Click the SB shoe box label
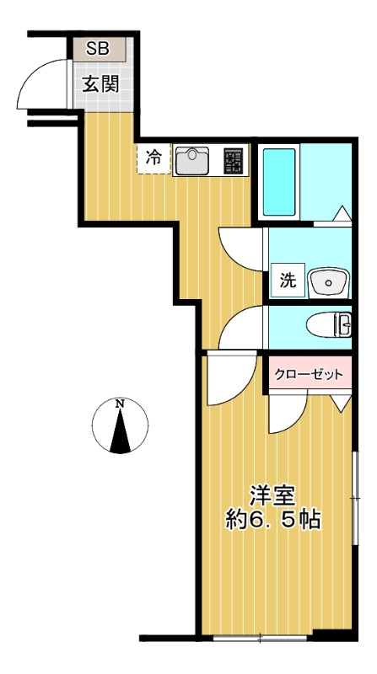pyautogui.click(x=97, y=49)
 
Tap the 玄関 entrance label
pyautogui.click(x=100, y=84)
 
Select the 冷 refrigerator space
pyautogui.click(x=153, y=158)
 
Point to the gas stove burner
pyautogui.click(x=232, y=160)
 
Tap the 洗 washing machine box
pyautogui.click(x=287, y=281)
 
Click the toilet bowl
pyautogui.click(x=324, y=324)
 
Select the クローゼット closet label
pyautogui.click(x=310, y=374)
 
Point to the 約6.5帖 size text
pyautogui.click(x=272, y=519)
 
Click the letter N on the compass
pyautogui.click(x=120, y=404)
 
